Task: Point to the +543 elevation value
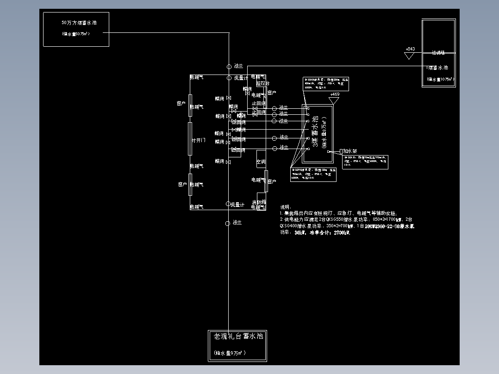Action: [410, 49]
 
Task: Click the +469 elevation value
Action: [334, 94]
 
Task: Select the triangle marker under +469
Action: [334, 100]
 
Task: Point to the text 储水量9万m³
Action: [230, 353]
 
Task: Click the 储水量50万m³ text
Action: [75, 34]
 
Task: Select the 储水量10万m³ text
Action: [440, 80]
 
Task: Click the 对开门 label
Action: [199, 140]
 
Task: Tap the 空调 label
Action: [261, 162]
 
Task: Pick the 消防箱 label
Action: [259, 202]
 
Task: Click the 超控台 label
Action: [262, 84]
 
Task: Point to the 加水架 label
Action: [349, 151]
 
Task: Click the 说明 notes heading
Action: [285, 207]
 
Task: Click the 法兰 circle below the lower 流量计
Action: [227, 224]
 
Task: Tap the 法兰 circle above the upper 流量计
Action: [229, 67]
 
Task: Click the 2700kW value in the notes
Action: [341, 233]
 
